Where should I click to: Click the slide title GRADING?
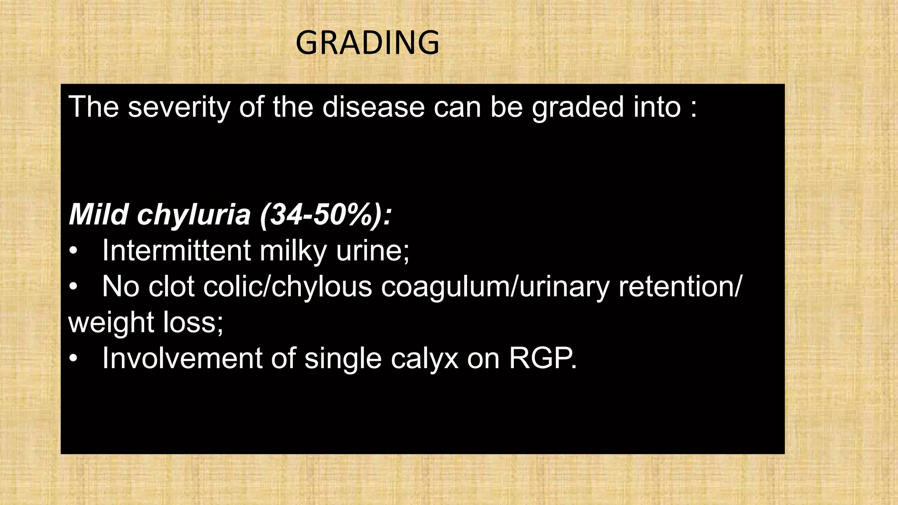[x=367, y=43]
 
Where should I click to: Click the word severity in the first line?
[x=178, y=107]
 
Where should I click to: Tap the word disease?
[x=374, y=107]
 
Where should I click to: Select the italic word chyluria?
[x=194, y=216]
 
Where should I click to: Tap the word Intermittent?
[x=176, y=251]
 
